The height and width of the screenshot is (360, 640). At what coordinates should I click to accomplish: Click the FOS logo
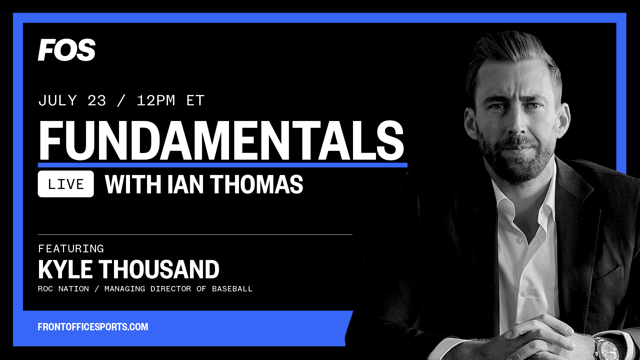67,50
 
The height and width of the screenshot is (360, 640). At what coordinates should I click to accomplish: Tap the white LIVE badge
66,184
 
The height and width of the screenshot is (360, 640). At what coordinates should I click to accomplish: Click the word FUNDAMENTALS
222,141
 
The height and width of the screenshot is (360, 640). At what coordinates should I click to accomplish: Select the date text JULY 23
72,101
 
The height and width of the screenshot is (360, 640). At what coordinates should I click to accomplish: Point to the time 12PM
156,101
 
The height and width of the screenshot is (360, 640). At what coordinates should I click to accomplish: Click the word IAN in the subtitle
185,184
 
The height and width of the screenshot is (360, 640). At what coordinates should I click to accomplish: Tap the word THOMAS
256,184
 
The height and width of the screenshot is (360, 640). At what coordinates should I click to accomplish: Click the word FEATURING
71,249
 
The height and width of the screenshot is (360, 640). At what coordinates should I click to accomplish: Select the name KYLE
65,269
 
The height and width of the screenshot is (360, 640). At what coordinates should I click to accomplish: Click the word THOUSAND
159,269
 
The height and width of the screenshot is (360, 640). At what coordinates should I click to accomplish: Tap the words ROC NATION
63,289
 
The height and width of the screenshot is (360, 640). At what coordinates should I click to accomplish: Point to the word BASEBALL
232,289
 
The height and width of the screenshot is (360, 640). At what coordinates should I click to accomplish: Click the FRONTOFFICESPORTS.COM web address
93,327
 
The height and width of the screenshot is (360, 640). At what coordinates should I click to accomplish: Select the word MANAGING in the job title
125,289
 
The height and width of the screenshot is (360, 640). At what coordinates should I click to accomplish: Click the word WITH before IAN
133,184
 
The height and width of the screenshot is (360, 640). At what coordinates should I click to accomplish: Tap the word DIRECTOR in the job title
171,289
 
